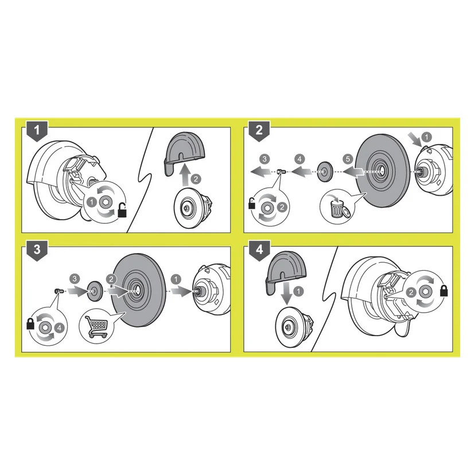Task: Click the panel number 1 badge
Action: (37, 131)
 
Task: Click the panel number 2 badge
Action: (259, 131)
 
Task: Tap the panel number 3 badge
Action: (37, 251)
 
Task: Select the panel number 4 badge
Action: (259, 251)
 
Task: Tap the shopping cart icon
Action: (98, 326)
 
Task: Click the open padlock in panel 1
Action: (122, 210)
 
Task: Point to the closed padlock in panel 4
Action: (444, 290)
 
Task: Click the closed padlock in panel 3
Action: (30, 323)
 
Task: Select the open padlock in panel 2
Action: (252, 203)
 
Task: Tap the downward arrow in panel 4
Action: (286, 294)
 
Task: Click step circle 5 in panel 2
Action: (348, 159)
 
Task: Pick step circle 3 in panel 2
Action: (265, 159)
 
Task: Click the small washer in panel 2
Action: (325, 172)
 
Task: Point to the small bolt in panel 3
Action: (59, 291)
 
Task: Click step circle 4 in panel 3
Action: (59, 328)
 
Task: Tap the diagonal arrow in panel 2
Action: (415, 139)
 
